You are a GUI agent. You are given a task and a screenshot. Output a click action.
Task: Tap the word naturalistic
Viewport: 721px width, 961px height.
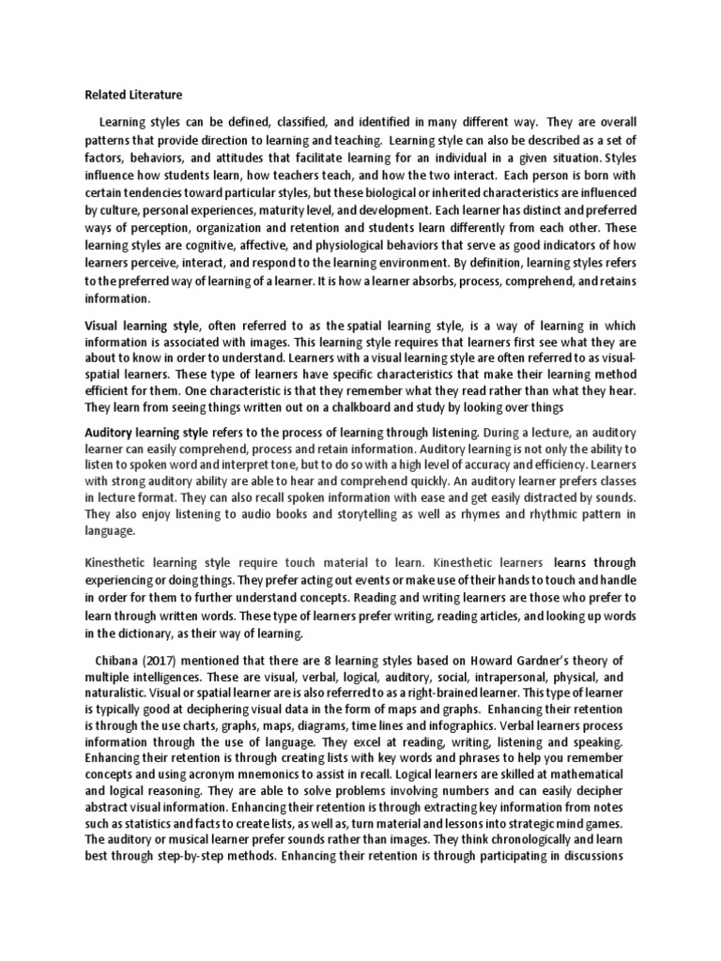(118, 694)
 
